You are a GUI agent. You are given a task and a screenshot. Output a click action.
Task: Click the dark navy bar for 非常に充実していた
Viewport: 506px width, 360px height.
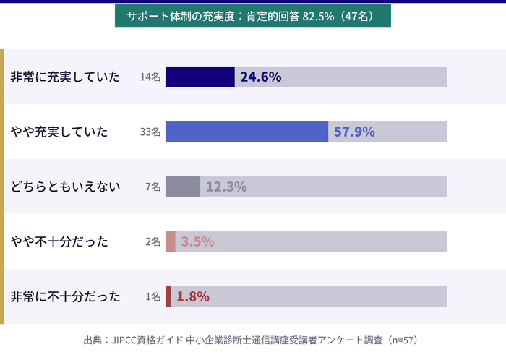pyautogui.click(x=200, y=77)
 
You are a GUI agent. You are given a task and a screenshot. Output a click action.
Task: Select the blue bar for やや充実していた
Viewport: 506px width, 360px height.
pyautogui.click(x=246, y=132)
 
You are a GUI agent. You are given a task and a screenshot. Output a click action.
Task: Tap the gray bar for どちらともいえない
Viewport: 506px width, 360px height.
pyautogui.click(x=183, y=187)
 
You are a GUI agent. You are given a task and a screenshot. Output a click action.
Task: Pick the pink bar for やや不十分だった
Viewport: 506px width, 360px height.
pyautogui.click(x=171, y=241)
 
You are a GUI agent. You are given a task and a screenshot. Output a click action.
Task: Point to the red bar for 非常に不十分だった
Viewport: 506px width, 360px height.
pyautogui.click(x=168, y=296)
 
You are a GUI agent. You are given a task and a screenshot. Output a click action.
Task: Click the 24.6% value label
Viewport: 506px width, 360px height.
pyautogui.click(x=260, y=77)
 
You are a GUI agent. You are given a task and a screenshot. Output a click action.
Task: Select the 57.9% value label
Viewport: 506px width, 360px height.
pyautogui.click(x=354, y=132)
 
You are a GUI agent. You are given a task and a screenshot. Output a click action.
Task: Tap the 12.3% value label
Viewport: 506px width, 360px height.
pyautogui.click(x=226, y=187)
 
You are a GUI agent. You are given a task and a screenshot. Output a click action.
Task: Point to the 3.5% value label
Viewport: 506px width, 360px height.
pyautogui.click(x=197, y=241)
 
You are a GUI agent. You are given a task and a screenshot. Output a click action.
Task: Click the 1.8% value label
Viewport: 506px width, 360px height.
pyautogui.click(x=193, y=296)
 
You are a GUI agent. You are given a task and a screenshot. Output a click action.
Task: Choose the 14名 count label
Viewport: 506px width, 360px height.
pyautogui.click(x=150, y=77)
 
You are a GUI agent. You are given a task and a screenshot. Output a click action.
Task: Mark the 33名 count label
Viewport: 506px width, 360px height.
pyautogui.click(x=150, y=132)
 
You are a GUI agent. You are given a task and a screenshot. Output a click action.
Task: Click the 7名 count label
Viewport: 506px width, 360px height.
pyautogui.click(x=153, y=187)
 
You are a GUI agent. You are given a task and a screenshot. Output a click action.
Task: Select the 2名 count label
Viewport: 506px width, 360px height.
pyautogui.click(x=153, y=241)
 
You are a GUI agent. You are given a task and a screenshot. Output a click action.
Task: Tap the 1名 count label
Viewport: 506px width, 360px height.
pyautogui.click(x=153, y=296)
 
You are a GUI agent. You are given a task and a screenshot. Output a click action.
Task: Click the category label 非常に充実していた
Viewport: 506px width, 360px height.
pyautogui.click(x=65, y=77)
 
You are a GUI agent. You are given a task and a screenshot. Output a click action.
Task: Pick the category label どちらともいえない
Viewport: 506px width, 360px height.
pyautogui.click(x=65, y=187)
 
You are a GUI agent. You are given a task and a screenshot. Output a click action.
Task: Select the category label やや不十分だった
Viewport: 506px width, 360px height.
pyautogui.click(x=59, y=241)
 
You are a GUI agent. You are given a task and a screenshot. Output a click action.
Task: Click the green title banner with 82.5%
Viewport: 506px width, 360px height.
pyautogui.click(x=253, y=17)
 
